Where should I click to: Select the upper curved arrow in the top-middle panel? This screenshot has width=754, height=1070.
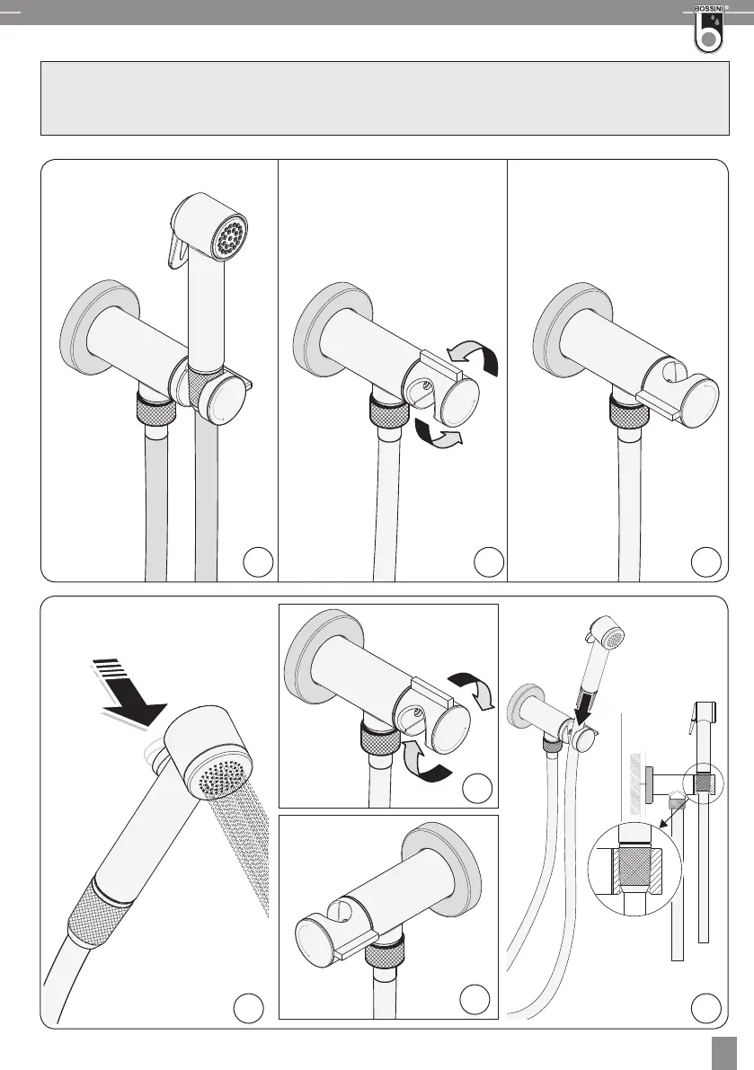475,358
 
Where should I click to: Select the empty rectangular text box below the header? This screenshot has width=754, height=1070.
384,99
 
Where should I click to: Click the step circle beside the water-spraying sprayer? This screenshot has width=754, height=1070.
248,1008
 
